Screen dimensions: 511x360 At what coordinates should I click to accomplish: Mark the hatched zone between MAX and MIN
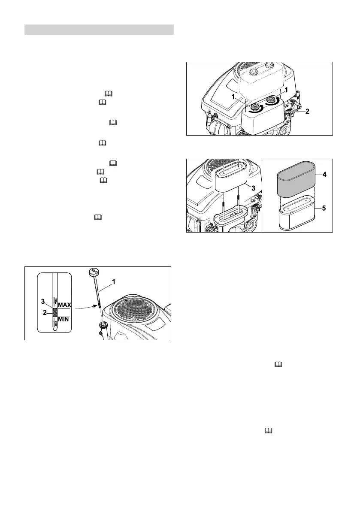pyautogui.click(x=55, y=312)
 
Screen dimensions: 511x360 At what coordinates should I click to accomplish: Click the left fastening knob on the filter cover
pyautogui.click(x=254, y=106)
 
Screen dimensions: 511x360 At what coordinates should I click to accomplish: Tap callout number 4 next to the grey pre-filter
pyautogui.click(x=325, y=175)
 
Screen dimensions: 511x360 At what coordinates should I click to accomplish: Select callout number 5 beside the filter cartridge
pyautogui.click(x=325, y=209)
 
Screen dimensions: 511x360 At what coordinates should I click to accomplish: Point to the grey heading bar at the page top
pyautogui.click(x=99, y=30)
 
